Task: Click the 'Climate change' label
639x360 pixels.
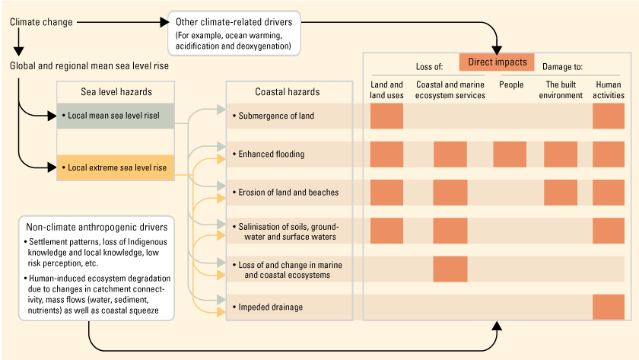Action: coord(41,22)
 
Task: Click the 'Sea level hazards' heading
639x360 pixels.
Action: coord(116,92)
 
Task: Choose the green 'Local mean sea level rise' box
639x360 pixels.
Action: coord(116,116)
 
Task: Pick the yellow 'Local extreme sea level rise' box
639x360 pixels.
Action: coord(116,165)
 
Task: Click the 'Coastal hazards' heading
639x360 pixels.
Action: coord(287,92)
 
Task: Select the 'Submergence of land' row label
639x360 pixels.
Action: coord(276,116)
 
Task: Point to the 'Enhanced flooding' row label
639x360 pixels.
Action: coord(271,154)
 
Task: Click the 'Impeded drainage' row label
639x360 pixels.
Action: coord(270,307)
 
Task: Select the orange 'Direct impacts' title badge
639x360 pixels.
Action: coord(497,62)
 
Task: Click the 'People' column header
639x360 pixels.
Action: coord(511,84)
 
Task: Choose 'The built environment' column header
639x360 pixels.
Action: coord(561,90)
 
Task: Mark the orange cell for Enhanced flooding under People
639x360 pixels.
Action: coord(510,154)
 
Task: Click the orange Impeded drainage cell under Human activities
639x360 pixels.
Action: coord(608,307)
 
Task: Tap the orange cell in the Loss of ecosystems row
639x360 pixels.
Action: coord(450,269)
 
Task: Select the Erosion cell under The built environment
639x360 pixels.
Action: coord(561,192)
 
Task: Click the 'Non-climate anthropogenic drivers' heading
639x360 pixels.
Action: coord(97,226)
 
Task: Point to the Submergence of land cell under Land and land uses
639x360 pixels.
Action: coord(386,116)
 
